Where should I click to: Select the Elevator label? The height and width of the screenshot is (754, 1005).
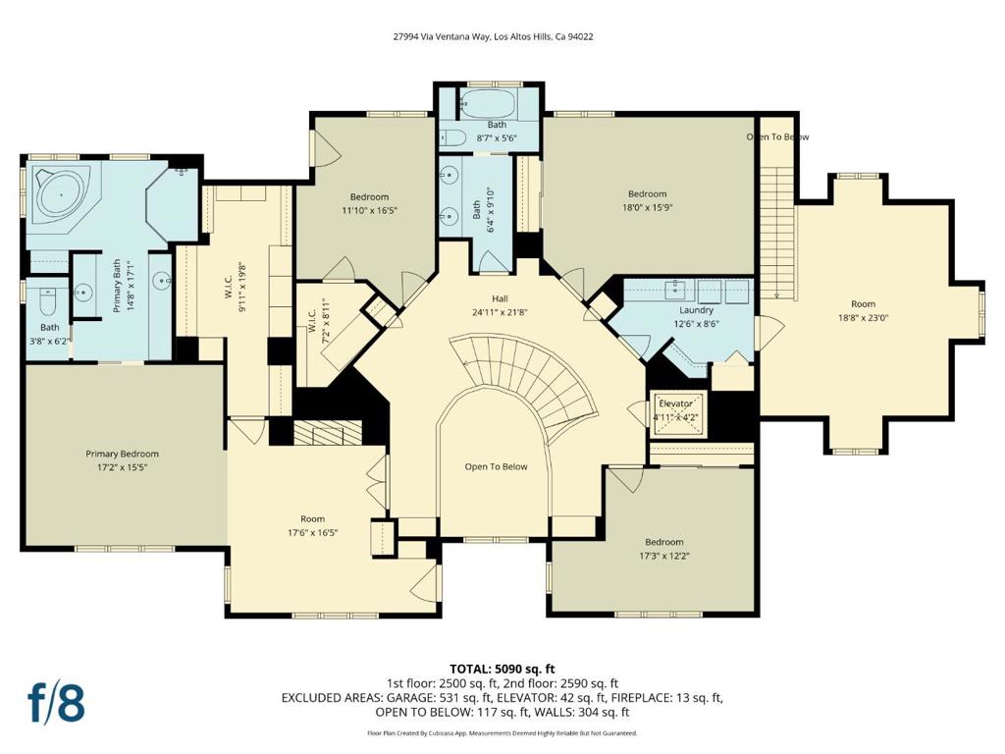tap(675, 404)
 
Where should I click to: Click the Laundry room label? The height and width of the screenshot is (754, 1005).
tap(696, 310)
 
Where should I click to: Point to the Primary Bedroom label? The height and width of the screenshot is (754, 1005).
tap(122, 454)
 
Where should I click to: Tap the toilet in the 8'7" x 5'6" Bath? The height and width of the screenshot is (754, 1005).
tap(453, 137)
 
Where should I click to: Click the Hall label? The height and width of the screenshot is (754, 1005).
tap(500, 298)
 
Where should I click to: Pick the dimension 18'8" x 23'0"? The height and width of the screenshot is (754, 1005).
tap(864, 317)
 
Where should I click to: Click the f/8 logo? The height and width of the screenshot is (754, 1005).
tap(56, 703)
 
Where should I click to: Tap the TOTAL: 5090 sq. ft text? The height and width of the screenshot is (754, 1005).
tap(502, 670)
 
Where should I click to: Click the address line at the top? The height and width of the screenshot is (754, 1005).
tap(493, 36)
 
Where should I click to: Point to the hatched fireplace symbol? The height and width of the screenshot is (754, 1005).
tap(328, 433)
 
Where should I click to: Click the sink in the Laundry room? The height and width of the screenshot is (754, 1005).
tap(675, 290)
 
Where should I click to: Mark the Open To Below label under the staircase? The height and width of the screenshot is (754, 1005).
tap(496, 466)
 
